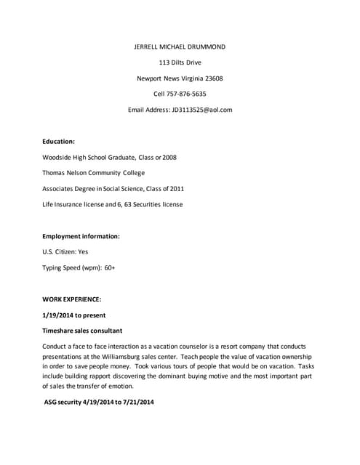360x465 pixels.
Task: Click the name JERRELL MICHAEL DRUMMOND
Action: click(180, 46)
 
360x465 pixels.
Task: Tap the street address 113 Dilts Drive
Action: click(180, 62)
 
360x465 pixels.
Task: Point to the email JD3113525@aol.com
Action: click(202, 110)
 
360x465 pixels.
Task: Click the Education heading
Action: click(58, 142)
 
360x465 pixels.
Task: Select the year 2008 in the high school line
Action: click(169, 157)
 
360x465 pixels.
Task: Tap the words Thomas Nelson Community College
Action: click(94, 173)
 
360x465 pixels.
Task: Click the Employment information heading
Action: click(81, 236)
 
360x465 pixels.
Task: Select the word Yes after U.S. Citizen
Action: click(83, 252)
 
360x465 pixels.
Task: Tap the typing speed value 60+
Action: click(109, 268)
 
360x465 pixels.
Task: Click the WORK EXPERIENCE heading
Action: click(71, 299)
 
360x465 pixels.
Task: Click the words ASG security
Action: click(66, 402)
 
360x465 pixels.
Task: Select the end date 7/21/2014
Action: click(138, 402)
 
